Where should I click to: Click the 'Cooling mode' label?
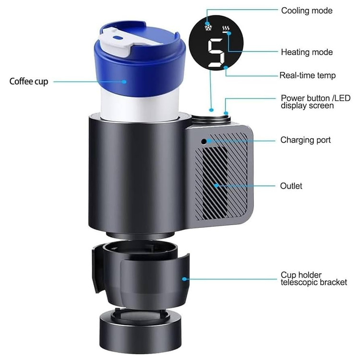pyautogui.click(x=307, y=11)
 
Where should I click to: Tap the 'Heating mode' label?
pyautogui.click(x=307, y=52)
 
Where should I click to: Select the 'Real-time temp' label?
pyautogui.click(x=307, y=75)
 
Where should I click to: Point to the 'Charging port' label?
pyautogui.click(x=305, y=140)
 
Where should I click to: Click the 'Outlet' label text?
pyautogui.click(x=291, y=186)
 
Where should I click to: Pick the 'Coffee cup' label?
pyautogui.click(x=29, y=82)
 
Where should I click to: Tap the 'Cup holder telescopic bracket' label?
pyautogui.click(x=313, y=278)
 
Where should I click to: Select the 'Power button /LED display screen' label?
pyautogui.click(x=315, y=102)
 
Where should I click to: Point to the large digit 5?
pyautogui.click(x=216, y=53)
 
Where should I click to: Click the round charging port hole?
pyautogui.click(x=204, y=142)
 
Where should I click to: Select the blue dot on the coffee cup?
pyautogui.click(x=124, y=82)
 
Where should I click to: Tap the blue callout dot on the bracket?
pyautogui.click(x=184, y=279)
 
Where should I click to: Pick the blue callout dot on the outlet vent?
pyautogui.click(x=216, y=185)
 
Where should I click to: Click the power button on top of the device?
pyautogui.click(x=211, y=117)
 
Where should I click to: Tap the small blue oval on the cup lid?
pyautogui.click(x=117, y=37)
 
